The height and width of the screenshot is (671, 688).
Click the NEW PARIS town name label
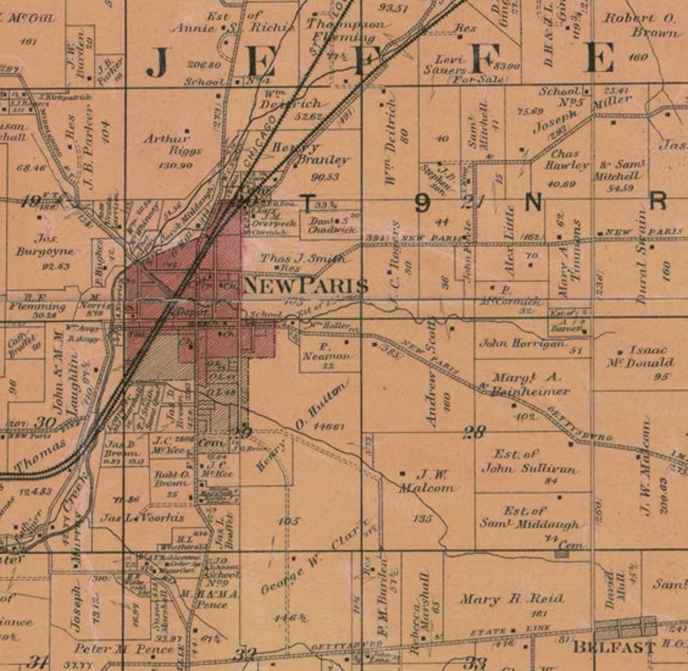pos(305,286)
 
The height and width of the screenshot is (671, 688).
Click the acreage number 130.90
pos(174,165)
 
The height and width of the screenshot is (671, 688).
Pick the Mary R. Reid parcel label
pos(512,599)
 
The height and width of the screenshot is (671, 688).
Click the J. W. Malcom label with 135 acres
pos(430,481)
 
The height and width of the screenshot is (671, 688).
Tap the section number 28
pos(474,431)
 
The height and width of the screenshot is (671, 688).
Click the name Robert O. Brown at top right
pos(641,25)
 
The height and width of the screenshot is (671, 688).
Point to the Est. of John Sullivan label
pos(523,461)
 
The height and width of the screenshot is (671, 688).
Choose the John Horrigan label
pos(522,343)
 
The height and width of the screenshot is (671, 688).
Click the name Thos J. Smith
pos(303,258)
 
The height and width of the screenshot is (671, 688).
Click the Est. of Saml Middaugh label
pos(529,517)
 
